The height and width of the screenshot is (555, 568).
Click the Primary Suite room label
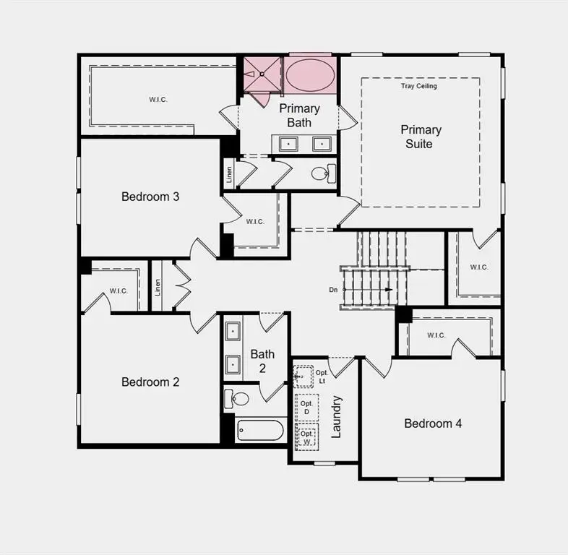tap(421, 137)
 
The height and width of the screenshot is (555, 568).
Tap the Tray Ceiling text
tap(419, 86)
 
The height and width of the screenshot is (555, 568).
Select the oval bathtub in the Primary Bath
tap(310, 74)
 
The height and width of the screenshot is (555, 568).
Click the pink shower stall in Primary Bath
tap(261, 74)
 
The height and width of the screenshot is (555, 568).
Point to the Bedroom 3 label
tap(150, 197)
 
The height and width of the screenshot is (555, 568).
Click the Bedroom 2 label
tap(150, 382)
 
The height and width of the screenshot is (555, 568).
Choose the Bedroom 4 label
tap(433, 423)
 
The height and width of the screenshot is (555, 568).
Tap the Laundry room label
tap(336, 416)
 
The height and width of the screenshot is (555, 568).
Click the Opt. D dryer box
tap(306, 408)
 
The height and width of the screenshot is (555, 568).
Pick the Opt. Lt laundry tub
tap(303, 377)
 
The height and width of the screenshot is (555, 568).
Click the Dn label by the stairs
tap(333, 290)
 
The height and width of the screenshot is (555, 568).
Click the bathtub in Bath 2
tap(260, 431)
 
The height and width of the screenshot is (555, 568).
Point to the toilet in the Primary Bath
tap(322, 173)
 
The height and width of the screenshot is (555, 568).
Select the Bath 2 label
tap(262, 361)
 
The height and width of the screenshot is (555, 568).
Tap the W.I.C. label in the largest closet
tap(158, 100)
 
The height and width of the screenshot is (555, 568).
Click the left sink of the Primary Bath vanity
tap(289, 144)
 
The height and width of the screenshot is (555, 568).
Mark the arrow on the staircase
tap(389, 290)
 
